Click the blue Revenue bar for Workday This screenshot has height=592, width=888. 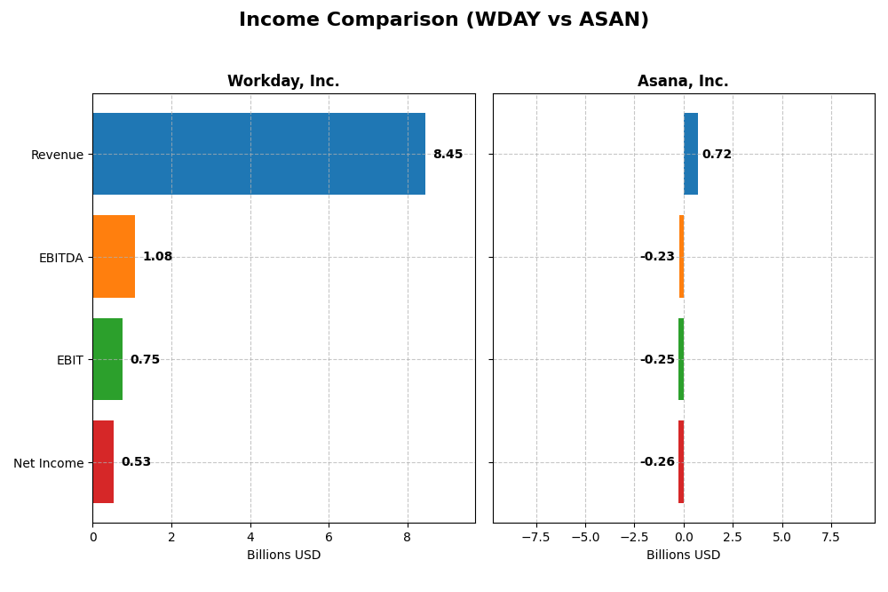tap(258, 154)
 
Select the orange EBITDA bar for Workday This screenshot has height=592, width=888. tap(114, 257)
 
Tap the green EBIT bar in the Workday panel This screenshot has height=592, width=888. tap(107, 359)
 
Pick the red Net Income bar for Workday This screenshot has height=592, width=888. tap(103, 462)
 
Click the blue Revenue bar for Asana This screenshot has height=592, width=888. tap(691, 154)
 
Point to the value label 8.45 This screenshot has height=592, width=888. tap(448, 155)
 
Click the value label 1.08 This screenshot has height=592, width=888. tap(157, 257)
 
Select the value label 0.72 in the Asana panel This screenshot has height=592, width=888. tap(717, 155)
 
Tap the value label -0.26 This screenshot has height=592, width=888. tap(657, 462)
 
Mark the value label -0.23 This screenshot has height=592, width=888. tap(657, 257)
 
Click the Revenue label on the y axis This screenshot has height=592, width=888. tap(57, 156)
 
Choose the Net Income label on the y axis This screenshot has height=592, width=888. tap(48, 463)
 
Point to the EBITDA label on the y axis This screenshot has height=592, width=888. tap(60, 258)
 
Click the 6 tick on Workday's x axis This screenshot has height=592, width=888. tap(329, 537)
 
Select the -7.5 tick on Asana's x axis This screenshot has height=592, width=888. tap(535, 537)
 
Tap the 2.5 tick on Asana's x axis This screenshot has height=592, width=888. tap(733, 537)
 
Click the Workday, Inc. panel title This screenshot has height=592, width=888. tap(283, 82)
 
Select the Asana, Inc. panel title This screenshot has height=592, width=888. tap(683, 82)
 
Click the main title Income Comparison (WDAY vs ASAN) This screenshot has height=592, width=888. tap(444, 20)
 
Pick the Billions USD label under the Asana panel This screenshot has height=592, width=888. tap(683, 555)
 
